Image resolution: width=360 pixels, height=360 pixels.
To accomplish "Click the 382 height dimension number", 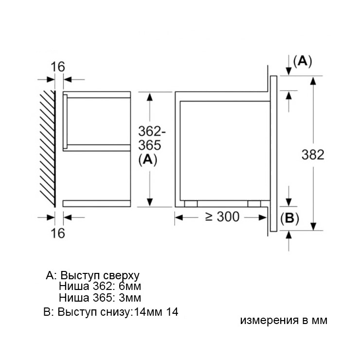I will click(x=313, y=155).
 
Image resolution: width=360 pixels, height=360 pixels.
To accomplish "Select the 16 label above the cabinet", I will click(x=58, y=67).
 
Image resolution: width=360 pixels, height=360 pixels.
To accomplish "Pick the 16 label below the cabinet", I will click(x=58, y=234).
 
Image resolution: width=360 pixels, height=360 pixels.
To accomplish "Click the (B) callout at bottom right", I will click(x=290, y=218).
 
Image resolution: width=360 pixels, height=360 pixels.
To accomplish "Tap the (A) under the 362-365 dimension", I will click(x=148, y=160).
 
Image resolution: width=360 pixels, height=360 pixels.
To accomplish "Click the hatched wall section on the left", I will click(x=47, y=146).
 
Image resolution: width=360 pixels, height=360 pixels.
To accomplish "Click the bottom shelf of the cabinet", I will click(x=97, y=203).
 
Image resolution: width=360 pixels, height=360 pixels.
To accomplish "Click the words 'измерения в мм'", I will click(x=284, y=321).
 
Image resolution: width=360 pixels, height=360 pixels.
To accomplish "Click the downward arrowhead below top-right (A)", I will click(x=289, y=72).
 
